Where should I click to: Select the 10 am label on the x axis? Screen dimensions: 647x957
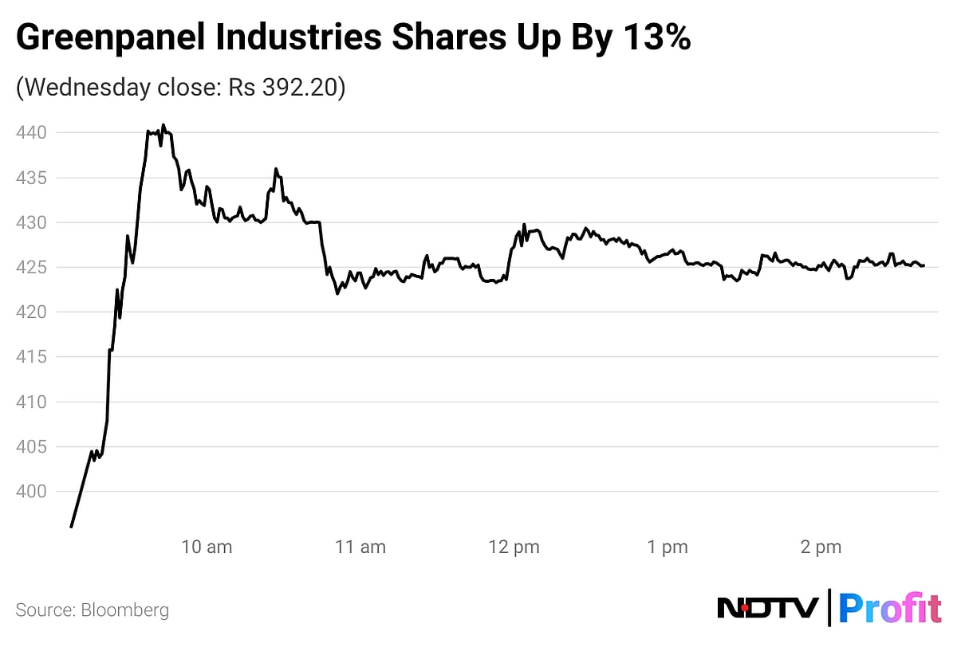coord(207,547)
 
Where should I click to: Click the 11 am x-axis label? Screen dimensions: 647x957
coord(360,547)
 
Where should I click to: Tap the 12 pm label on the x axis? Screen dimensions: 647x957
coord(514,547)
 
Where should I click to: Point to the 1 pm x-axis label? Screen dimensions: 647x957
coord(668,547)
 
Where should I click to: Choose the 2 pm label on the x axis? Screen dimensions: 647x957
coord(821,547)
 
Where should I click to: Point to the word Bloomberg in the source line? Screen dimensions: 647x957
coord(124,610)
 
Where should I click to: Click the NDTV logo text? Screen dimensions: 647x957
coord(768,609)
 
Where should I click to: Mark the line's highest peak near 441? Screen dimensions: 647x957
coord(163,124)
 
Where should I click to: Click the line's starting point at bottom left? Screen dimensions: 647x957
coord(71,527)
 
